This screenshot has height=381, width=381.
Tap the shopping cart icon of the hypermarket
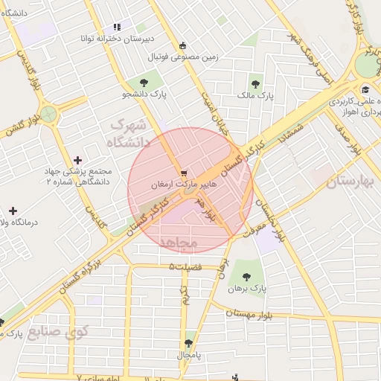(184, 173)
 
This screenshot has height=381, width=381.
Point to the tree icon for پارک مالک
(255, 84)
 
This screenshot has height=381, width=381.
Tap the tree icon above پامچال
(188, 344)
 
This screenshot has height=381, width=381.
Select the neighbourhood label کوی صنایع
(58, 331)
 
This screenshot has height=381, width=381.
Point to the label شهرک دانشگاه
(129, 132)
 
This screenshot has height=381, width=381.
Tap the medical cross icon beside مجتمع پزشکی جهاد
(78, 160)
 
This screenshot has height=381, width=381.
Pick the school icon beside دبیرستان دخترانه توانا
(117, 27)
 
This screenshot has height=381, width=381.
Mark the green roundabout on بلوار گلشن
(49, 115)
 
